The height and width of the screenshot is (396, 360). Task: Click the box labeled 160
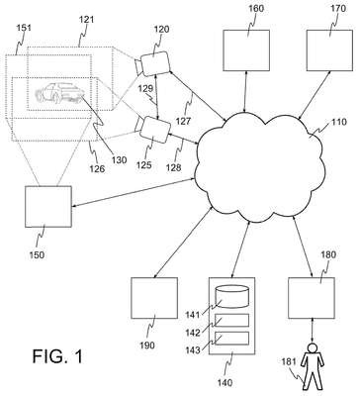(x=246, y=50)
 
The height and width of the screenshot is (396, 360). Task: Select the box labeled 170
(x=329, y=50)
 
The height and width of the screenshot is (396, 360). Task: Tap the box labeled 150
(x=48, y=207)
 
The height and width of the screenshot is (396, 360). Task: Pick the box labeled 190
(x=154, y=298)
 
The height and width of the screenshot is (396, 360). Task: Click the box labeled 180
(x=312, y=298)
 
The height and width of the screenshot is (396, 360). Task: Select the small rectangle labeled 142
(x=231, y=320)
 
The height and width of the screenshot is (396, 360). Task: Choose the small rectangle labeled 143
(x=231, y=338)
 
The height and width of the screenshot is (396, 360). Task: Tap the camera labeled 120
(x=153, y=63)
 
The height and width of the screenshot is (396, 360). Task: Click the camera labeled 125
(x=153, y=131)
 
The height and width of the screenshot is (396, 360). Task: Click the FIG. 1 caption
(x=57, y=356)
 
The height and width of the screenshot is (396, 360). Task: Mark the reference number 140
(x=225, y=383)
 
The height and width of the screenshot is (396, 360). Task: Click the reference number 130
(x=119, y=160)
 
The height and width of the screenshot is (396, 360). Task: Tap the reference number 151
(x=24, y=28)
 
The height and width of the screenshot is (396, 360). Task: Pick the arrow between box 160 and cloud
(x=245, y=92)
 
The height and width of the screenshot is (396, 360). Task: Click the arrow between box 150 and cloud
(x=135, y=193)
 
